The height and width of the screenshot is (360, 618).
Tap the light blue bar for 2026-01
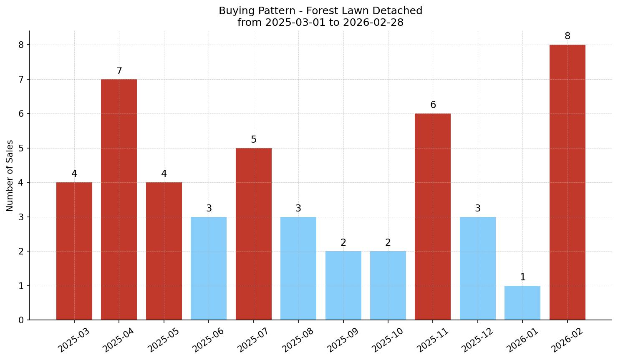522,303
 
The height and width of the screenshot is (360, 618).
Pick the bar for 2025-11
433,217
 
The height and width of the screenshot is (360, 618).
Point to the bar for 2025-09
343,285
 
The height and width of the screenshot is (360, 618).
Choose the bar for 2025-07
253,234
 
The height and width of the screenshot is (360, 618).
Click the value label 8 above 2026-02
567,36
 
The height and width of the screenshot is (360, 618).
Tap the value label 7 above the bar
119,71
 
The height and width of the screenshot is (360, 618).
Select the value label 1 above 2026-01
522,277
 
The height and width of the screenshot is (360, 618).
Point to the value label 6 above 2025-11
433,105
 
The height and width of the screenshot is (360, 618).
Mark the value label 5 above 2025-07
253,140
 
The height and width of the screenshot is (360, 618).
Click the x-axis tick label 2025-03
73,340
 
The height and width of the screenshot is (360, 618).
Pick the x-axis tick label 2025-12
477,340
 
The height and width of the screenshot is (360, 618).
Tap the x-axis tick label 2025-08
298,340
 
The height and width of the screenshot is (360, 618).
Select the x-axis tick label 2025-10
387,340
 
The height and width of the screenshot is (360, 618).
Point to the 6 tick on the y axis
21,114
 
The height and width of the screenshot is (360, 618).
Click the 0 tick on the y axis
21,320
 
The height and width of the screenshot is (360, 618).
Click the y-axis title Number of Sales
10,176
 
